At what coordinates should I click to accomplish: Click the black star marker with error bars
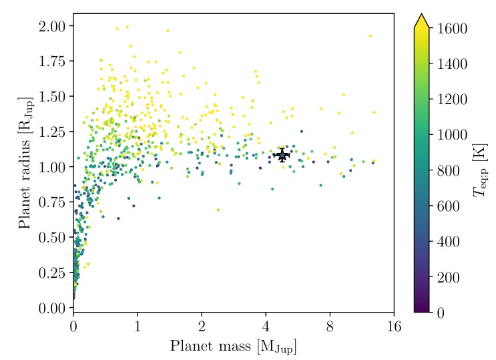282,155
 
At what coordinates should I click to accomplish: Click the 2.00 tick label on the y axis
51,26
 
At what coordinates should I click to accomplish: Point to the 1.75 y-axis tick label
51,61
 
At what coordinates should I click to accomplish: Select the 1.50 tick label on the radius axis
51,97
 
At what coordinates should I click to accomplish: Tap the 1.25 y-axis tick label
51,132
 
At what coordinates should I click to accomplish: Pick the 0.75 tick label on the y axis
51,202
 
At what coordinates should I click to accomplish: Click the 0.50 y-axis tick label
51,238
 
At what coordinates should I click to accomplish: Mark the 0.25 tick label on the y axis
51,273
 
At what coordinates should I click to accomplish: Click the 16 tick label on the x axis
394,327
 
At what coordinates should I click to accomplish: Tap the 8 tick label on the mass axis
330,327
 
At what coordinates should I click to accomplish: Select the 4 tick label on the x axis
266,327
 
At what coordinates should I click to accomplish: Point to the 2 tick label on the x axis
202,327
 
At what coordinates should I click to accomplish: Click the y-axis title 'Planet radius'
25,166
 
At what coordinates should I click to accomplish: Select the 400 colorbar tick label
448,242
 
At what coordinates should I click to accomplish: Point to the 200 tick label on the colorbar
448,277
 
